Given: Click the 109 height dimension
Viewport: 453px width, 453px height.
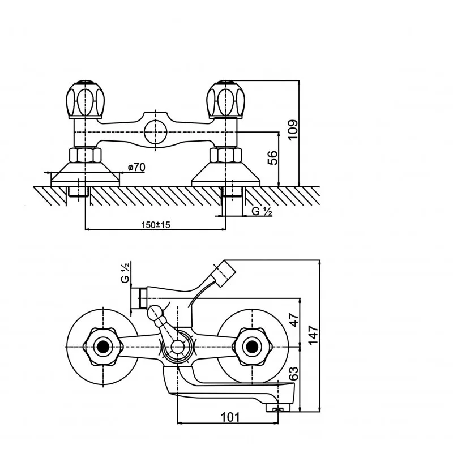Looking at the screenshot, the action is pos(293,130).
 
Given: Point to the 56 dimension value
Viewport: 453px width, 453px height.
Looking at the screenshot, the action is pos(272,158).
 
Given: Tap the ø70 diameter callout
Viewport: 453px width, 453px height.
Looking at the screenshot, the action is pos(136,167).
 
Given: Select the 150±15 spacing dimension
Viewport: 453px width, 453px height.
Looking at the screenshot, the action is pos(156,224).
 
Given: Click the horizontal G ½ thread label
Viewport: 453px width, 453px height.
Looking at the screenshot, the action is pos(262,211).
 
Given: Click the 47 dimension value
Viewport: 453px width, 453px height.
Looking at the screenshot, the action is pos(294,320).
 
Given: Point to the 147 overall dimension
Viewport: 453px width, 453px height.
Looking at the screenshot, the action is pos(313,335).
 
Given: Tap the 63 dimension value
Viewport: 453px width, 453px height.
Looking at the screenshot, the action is pos(293,374).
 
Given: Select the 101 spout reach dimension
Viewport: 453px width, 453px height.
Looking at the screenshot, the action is pos(230,417).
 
